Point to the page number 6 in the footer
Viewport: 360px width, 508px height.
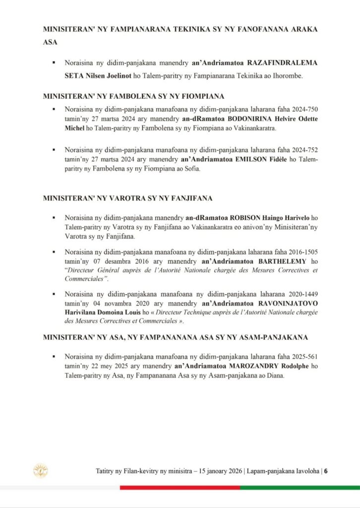[x=326, y=471]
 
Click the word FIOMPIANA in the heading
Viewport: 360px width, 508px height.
[x=196, y=96]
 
